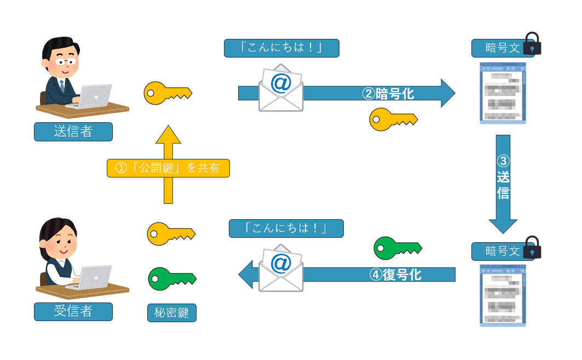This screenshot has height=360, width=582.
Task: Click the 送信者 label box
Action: coord(73,132)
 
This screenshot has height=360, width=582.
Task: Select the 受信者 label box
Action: coord(73,311)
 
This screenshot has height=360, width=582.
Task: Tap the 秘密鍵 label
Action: coord(171,312)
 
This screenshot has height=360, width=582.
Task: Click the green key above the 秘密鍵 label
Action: coord(171,278)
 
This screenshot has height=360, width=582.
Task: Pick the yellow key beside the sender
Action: coord(167,93)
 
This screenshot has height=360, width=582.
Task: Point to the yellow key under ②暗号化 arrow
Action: coord(393,119)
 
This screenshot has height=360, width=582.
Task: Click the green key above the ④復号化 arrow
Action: coord(397,249)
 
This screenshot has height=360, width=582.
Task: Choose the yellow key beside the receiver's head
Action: coord(171,234)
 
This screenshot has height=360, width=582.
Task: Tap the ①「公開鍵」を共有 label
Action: coord(168,168)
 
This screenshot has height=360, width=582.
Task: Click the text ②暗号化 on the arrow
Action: coord(388,94)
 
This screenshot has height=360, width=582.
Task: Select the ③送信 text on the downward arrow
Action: coord(503,178)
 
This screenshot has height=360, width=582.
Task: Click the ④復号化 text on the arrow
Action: coord(395,275)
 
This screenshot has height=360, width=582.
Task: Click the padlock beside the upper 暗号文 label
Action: coord(532,44)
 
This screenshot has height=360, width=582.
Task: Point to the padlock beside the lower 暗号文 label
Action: coord(532,248)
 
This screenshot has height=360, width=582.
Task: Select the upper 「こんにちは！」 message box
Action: coord(281,48)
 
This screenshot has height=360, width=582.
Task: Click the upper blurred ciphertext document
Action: coord(503,93)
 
